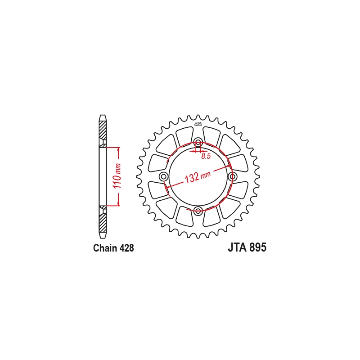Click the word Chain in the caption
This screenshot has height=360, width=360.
tap(105, 248)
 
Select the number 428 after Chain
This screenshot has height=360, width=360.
tap(126, 248)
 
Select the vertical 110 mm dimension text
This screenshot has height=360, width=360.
tap(117, 176)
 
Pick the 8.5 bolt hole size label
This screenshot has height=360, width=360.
tap(206, 157)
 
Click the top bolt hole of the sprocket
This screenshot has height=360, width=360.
tap(198, 142)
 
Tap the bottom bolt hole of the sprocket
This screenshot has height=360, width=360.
tap(198, 211)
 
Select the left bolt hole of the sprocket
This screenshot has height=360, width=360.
tap(164, 176)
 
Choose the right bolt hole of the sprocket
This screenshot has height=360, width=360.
tap(233, 176)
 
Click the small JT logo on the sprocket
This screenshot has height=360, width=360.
tap(198, 124)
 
